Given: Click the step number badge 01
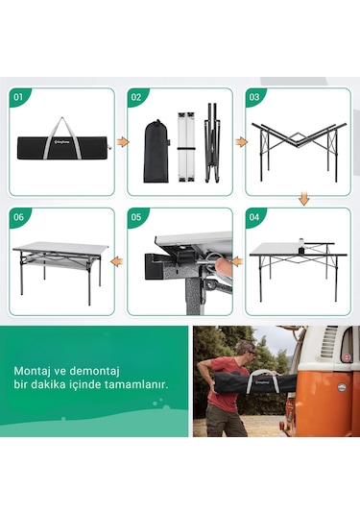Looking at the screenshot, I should tap(19, 97).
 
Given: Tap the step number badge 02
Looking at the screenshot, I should tap(137, 97).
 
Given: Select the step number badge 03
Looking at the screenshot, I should tap(255, 97).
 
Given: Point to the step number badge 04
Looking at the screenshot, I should tap(255, 217).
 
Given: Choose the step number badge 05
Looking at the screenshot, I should tap(137, 217).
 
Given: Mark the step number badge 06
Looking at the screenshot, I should tap(19, 217).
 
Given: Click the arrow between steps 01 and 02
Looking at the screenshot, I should tap(122, 141).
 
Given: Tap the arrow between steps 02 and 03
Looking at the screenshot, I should tap(239, 141).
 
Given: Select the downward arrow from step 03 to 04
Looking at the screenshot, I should tap(302, 199).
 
